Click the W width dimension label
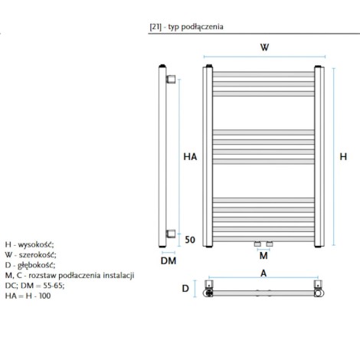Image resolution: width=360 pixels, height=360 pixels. tap(264, 47)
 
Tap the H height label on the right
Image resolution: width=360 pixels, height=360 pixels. tap(343, 156)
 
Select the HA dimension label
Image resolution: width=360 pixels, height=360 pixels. tap(190, 156)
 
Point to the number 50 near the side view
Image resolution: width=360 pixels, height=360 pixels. tap(190, 240)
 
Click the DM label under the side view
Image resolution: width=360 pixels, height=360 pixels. tap(169, 260)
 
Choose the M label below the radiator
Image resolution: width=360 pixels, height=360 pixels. tap(263, 256)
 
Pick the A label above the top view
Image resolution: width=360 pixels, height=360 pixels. tap(263, 273)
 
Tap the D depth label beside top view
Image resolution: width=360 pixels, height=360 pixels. tap(185, 289)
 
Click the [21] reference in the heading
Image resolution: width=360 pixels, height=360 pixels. tap(155, 27)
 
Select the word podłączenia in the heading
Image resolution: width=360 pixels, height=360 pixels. tap(202, 27)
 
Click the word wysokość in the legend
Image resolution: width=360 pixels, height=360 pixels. tap(36, 245)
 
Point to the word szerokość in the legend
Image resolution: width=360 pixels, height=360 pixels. tap(38, 255)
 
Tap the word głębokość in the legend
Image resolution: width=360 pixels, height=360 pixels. tap(36, 266)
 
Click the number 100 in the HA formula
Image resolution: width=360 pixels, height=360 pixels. tap(44, 296)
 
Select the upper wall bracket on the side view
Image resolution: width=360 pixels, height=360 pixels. tap(171, 79)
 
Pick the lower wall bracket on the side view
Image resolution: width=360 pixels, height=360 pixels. tap(171, 234)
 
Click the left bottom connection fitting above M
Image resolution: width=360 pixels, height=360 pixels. tap(257, 244)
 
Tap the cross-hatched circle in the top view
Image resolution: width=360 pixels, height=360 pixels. tap(209, 293)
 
